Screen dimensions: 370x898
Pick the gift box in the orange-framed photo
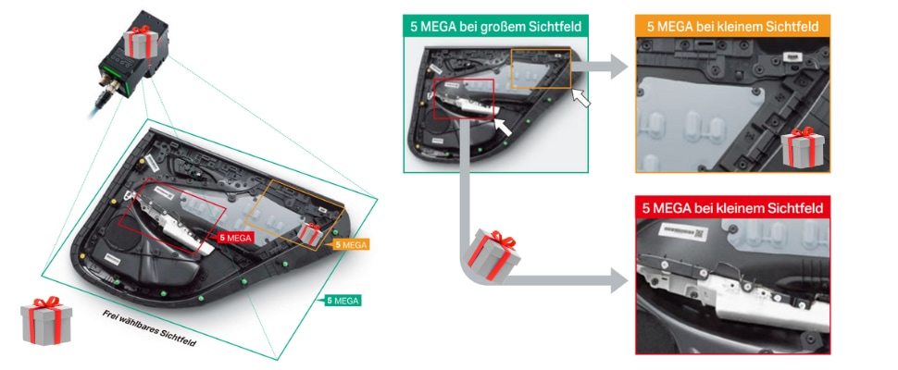click(x=802, y=146)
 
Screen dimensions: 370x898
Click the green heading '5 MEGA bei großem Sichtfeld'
click(x=495, y=26)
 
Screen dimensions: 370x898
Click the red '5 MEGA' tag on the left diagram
click(x=234, y=238)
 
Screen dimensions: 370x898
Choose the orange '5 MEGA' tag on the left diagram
click(x=350, y=244)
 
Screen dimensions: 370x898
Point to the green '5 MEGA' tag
click(x=342, y=301)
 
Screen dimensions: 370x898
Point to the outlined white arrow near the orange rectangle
click(x=581, y=96)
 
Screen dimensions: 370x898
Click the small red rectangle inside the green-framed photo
click(x=465, y=100)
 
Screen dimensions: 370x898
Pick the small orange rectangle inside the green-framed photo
click(x=541, y=68)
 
